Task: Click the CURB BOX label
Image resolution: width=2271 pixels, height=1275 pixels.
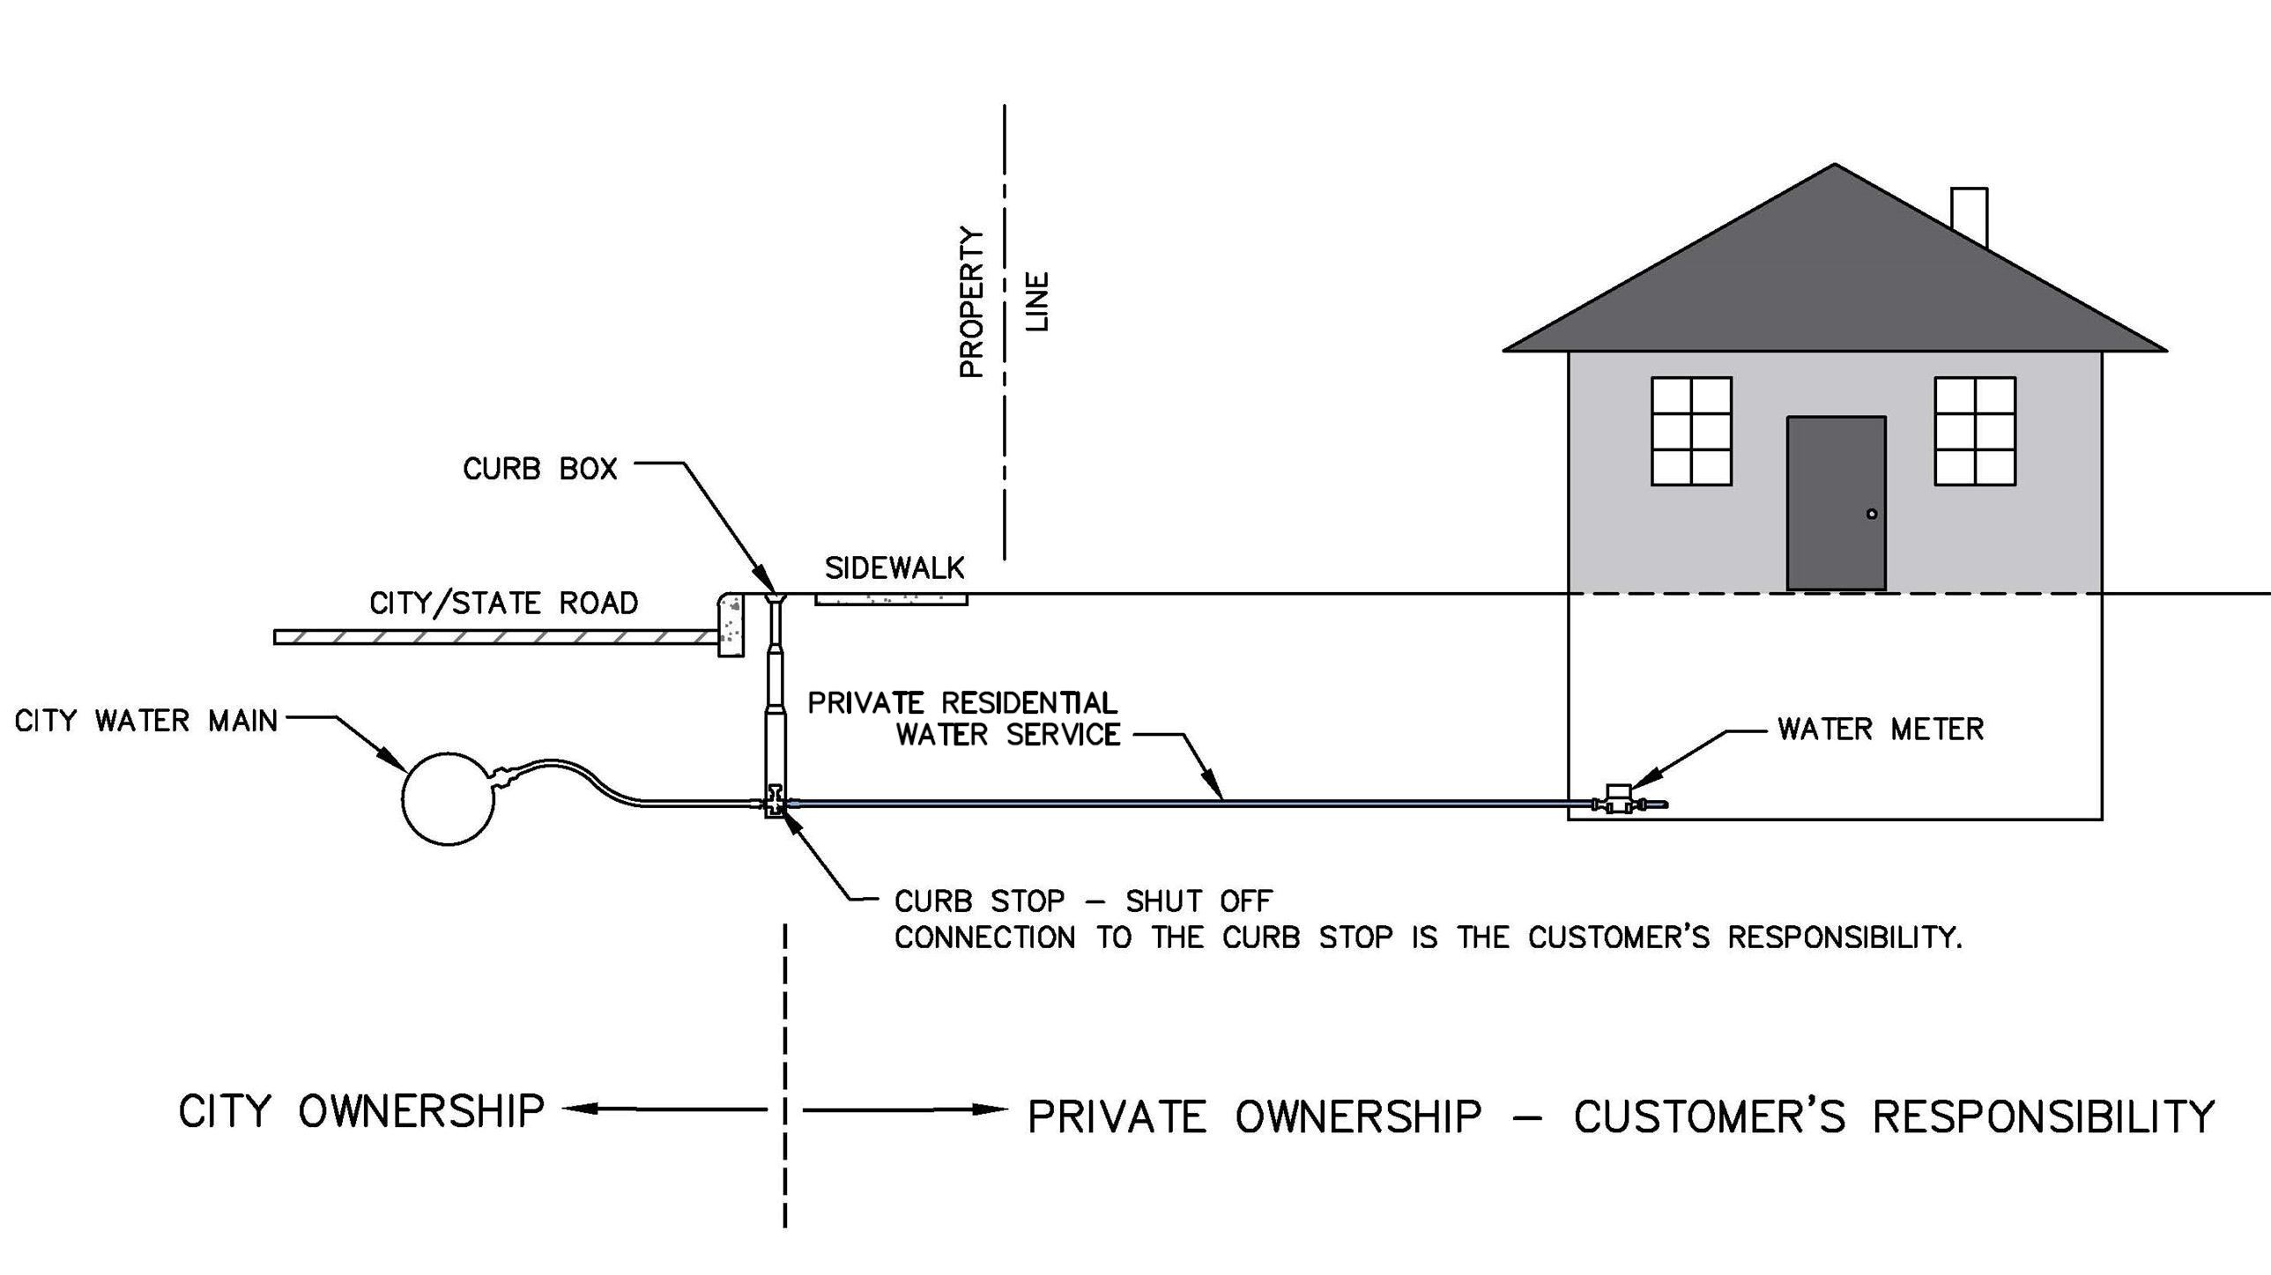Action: tap(539, 469)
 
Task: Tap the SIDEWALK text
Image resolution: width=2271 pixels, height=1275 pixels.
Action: tap(894, 568)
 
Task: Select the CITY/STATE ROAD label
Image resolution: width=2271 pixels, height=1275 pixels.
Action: tap(502, 604)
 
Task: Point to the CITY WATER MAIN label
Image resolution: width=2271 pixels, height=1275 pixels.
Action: tap(145, 722)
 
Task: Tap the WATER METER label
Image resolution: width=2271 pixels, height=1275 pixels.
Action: tap(1880, 730)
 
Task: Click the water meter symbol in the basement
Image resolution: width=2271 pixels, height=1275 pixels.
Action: tap(1618, 801)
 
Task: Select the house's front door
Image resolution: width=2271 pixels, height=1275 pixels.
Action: tap(1836, 503)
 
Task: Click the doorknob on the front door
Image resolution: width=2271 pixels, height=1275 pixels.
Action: tap(1872, 514)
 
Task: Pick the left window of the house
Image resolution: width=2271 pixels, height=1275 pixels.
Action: tap(1691, 431)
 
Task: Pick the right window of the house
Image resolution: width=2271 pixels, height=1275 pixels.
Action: tap(1975, 431)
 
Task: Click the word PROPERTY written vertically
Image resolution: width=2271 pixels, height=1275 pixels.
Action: tap(971, 302)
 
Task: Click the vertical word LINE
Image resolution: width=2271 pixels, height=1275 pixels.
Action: tap(1038, 301)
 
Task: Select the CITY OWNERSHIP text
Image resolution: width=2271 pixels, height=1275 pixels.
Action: tap(361, 1111)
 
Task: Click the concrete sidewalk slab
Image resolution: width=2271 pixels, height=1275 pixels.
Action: tap(890, 598)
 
